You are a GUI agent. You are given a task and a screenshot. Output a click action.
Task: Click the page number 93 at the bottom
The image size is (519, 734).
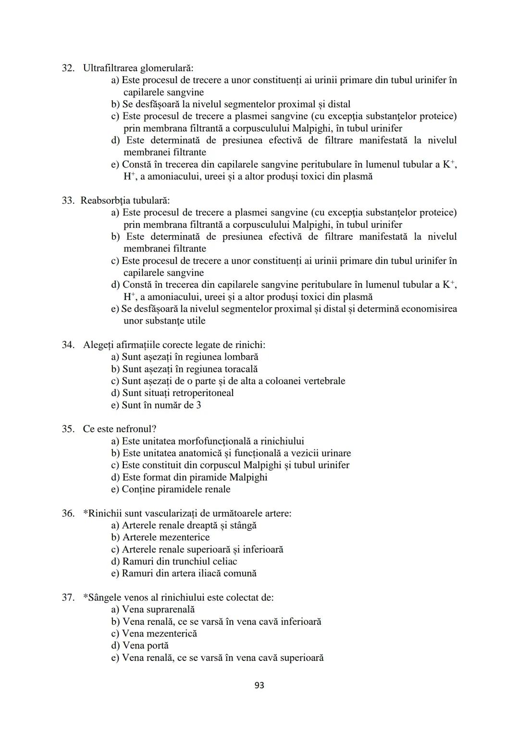coord(259,685)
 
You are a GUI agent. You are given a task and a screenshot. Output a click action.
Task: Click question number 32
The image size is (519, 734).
coord(68,68)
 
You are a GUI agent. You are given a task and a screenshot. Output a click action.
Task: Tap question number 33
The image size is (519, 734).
coord(68,200)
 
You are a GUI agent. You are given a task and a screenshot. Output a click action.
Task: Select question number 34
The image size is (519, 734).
coord(68,345)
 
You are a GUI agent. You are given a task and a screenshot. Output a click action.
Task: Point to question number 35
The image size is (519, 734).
coord(68,429)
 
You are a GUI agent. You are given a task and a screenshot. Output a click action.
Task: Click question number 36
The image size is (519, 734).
coord(68,513)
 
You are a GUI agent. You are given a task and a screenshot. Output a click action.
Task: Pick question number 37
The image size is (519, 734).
coord(68,597)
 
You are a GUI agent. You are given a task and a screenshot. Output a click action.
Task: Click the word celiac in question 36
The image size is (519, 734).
coord(223,561)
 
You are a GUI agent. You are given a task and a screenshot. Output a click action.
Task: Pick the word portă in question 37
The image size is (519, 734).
coord(157,646)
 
